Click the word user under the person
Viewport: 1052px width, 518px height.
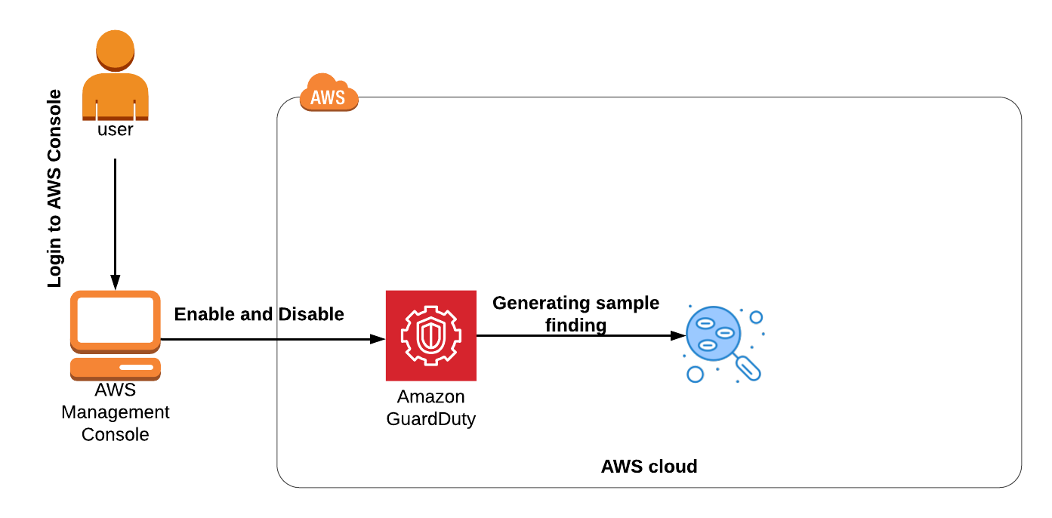[115, 130]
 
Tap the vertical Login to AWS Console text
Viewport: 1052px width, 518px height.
[54, 189]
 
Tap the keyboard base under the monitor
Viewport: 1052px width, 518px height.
[115, 368]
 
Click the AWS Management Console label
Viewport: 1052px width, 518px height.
[115, 412]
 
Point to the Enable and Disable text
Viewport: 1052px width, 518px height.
[259, 314]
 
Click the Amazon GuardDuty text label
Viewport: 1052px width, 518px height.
[430, 408]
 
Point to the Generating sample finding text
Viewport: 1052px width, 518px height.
[575, 313]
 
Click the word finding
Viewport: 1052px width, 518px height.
[575, 325]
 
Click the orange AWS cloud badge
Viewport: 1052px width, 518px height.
[329, 95]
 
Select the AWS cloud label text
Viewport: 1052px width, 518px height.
[649, 467]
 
